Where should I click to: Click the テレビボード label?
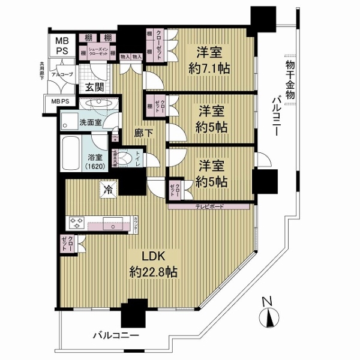tap(208, 206)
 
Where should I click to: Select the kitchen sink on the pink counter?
tap(113, 227)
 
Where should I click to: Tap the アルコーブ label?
tap(61, 75)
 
